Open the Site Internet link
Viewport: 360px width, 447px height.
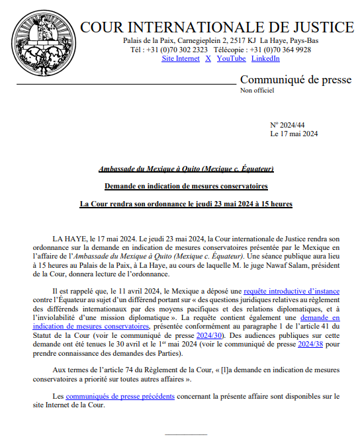pos(181,59)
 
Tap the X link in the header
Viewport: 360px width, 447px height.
pos(208,59)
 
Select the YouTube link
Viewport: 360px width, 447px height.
pos(231,59)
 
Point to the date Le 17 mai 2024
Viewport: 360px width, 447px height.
pos(294,134)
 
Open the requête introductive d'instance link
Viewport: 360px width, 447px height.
pos(292,290)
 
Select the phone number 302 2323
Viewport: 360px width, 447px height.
pos(187,50)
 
